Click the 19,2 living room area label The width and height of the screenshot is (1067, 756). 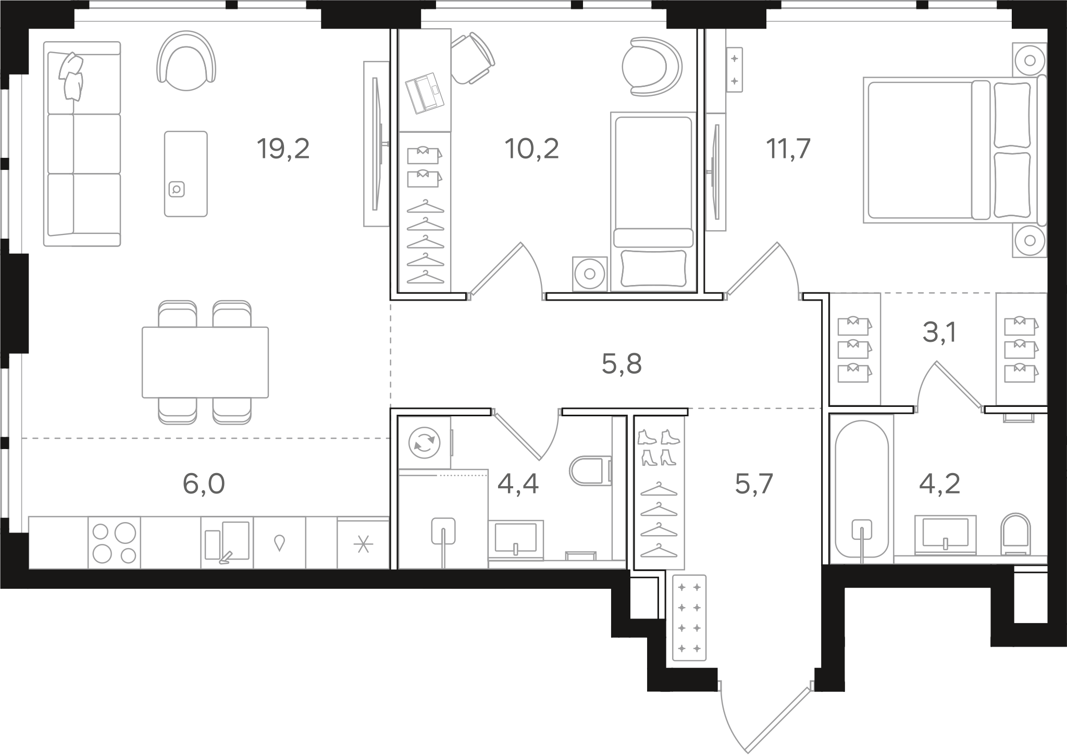283,150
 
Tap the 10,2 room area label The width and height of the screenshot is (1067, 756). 531,150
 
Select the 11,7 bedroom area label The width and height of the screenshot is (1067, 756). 788,150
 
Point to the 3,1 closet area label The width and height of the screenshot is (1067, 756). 939,333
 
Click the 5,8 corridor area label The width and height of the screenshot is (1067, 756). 622,364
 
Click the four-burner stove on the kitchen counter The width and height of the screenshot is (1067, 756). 114,542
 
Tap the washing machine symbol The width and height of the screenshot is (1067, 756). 425,443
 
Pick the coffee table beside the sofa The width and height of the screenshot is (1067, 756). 186,173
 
